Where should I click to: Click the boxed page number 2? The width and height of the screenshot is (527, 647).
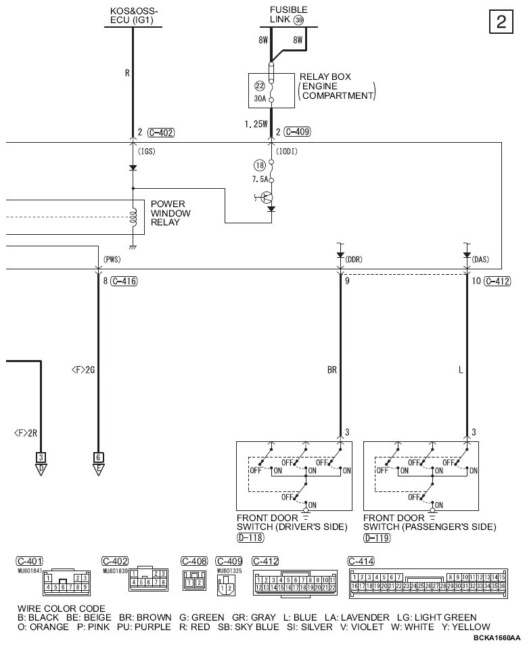click(501, 22)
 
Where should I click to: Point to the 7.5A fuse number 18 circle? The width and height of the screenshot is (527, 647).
click(258, 164)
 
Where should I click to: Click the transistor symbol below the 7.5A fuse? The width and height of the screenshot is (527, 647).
click(269, 198)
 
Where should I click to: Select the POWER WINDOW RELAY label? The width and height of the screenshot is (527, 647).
click(170, 213)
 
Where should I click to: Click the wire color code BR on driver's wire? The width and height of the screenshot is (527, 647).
click(331, 370)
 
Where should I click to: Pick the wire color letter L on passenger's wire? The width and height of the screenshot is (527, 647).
click(459, 370)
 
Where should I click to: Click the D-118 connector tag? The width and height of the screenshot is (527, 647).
click(250, 538)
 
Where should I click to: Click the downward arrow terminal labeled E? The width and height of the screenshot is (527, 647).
click(98, 466)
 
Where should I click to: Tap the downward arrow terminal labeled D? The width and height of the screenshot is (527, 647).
click(41, 466)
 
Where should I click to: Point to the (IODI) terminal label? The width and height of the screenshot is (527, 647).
click(288, 152)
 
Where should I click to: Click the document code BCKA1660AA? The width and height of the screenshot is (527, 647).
click(497, 638)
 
